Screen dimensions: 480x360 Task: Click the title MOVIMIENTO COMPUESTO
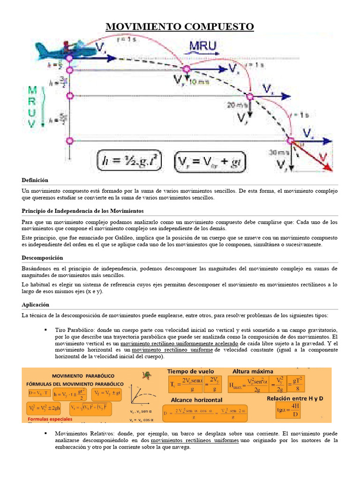tap(180, 26)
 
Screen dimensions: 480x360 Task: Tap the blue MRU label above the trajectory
tap(202, 46)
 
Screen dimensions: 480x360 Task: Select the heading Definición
tap(35, 180)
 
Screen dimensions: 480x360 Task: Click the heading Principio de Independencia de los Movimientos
tap(82, 211)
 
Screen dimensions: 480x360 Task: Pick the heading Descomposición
tap(42, 258)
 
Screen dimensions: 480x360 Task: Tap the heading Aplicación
tap(36, 304)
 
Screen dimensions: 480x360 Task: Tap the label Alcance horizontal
tap(196, 400)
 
